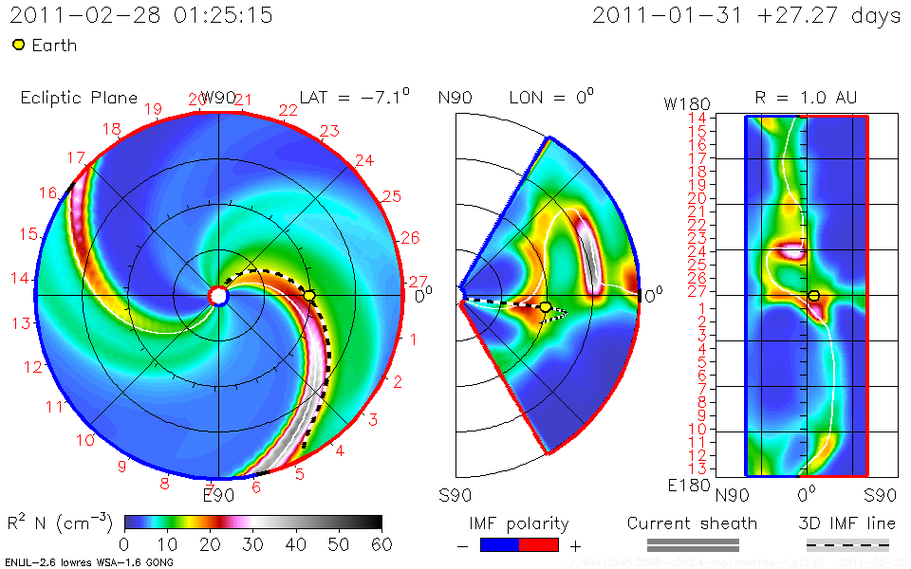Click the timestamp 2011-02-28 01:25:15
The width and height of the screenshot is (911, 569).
tap(141, 15)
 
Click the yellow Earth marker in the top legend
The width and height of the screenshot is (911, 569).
tap(18, 45)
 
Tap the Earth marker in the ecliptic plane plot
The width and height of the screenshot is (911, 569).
tap(309, 296)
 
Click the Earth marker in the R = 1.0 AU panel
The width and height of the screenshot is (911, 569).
tap(813, 296)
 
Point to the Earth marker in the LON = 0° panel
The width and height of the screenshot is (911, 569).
tap(545, 307)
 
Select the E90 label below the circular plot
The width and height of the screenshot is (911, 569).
tap(218, 494)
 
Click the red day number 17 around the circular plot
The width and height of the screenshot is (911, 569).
tap(77, 157)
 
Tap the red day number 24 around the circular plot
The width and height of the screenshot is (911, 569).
tap(363, 160)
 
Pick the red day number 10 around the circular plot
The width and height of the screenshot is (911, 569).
tap(85, 440)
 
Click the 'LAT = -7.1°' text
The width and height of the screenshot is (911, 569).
tap(354, 97)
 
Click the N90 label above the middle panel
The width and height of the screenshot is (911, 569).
tap(455, 98)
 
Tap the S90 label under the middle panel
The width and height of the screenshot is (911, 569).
tap(455, 494)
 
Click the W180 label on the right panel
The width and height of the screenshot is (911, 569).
tap(682, 102)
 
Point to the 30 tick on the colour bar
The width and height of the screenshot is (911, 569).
tap(252, 544)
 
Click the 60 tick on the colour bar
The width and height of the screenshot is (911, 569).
tap(381, 544)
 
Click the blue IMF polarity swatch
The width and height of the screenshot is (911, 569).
tap(499, 545)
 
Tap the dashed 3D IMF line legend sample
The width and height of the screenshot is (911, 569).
tap(847, 545)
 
